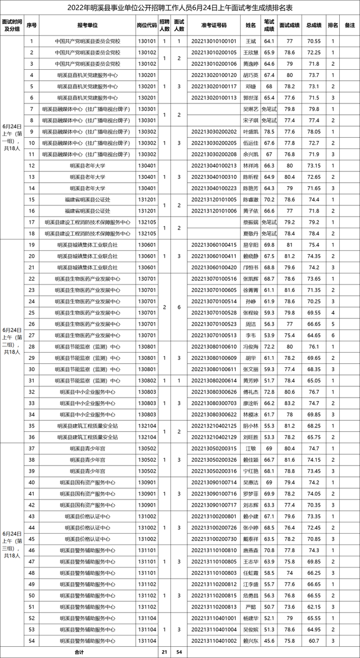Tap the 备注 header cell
click(x=349, y=25)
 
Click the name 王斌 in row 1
click(x=251, y=42)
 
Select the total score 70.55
click(x=314, y=42)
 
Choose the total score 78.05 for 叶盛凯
click(x=314, y=131)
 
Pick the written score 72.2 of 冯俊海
click(x=269, y=346)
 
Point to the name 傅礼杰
click(x=251, y=391)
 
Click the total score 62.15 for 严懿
click(x=314, y=607)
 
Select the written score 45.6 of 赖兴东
click(x=269, y=641)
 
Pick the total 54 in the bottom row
click(x=179, y=652)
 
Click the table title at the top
click(x=180, y=7)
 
